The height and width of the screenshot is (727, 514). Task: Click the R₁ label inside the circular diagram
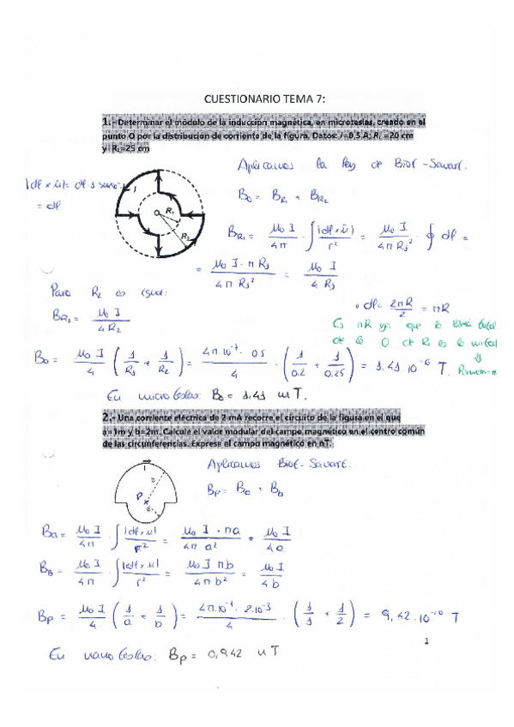pyautogui.click(x=172, y=210)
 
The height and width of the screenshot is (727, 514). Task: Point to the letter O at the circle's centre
pyautogui.click(x=147, y=212)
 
